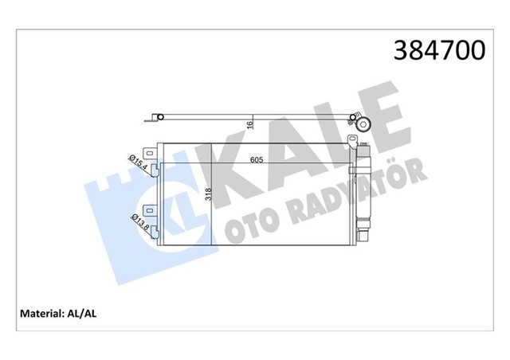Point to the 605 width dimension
[256, 160]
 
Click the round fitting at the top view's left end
[159, 119]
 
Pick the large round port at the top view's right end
[366, 124]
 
